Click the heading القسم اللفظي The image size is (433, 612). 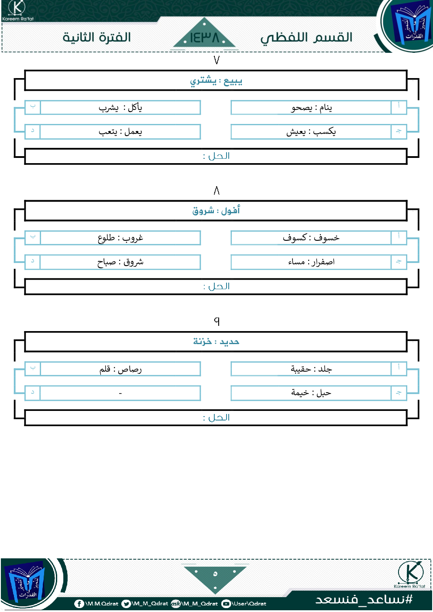pos(306,38)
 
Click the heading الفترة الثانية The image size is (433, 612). pos(96,37)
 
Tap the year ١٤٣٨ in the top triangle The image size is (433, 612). pos(205,38)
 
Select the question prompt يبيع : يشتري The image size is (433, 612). pos(216,81)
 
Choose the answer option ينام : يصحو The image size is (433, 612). pos(311,108)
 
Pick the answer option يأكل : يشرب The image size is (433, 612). pos(120,108)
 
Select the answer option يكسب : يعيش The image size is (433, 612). pos(311,132)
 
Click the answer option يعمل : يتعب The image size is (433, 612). pos(120,132)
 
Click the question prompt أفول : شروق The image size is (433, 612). pos(216,211)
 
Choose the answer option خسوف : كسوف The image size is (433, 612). pos(311,238)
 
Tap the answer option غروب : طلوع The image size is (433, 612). pos(120,238)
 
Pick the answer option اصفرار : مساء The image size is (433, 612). pos(311,262)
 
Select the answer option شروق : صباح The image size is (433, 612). pos(120,262)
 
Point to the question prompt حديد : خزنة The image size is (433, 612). pos(216,342)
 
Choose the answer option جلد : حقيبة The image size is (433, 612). pos(311,369)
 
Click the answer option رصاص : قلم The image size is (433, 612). pos(120,369)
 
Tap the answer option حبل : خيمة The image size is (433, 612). pos(311,393)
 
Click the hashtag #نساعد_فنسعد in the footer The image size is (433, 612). pos(364,599)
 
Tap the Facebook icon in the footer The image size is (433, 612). pos(79,604)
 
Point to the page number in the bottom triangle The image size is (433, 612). pos(215,574)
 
